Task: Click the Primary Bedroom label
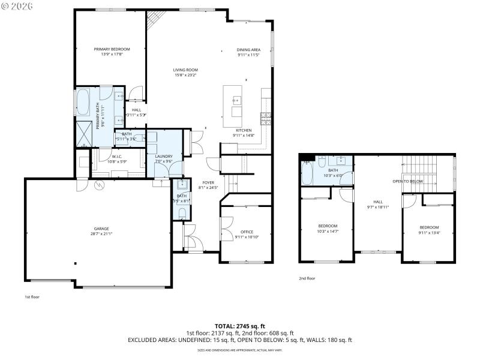112,49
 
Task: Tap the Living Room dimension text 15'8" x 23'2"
185,76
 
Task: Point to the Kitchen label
243,130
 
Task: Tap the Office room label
247,232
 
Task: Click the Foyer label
208,182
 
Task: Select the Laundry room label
164,156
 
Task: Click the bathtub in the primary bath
82,101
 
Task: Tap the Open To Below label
408,181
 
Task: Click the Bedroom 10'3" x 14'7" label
328,226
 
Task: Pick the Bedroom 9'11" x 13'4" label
429,227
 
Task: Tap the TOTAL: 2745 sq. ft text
240,325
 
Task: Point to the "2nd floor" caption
307,278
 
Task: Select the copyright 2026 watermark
17,5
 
